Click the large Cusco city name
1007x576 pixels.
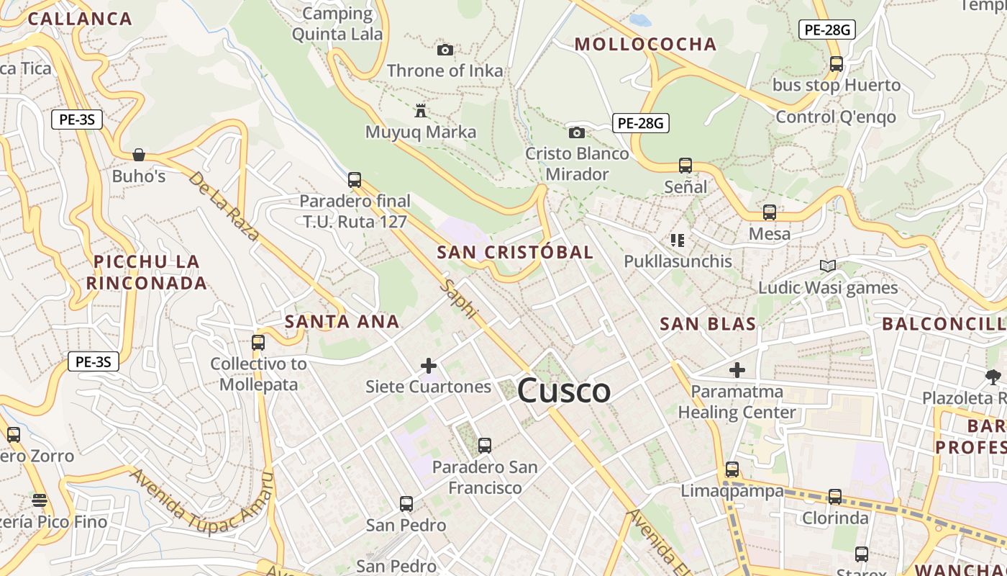coord(564,391)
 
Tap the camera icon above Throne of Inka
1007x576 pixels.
coord(445,50)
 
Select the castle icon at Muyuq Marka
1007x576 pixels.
coord(421,111)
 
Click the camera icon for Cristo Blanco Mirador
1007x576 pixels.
coord(576,132)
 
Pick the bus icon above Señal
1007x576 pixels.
coord(685,166)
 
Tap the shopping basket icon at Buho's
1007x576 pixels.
coord(139,155)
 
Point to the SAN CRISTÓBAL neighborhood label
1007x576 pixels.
coord(515,252)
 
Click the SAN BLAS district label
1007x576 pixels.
coord(708,324)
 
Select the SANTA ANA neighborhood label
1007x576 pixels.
coord(342,321)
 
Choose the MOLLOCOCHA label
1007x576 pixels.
coord(645,44)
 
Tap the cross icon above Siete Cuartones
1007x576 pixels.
coord(429,366)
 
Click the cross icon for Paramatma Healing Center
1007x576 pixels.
coord(737,371)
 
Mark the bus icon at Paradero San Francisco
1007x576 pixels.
coord(485,446)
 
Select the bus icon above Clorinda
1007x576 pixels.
coord(834,497)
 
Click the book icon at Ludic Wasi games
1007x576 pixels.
coord(828,266)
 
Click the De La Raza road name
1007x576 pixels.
coord(224,205)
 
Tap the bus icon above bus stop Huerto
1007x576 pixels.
coord(837,63)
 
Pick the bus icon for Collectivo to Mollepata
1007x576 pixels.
coord(258,343)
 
